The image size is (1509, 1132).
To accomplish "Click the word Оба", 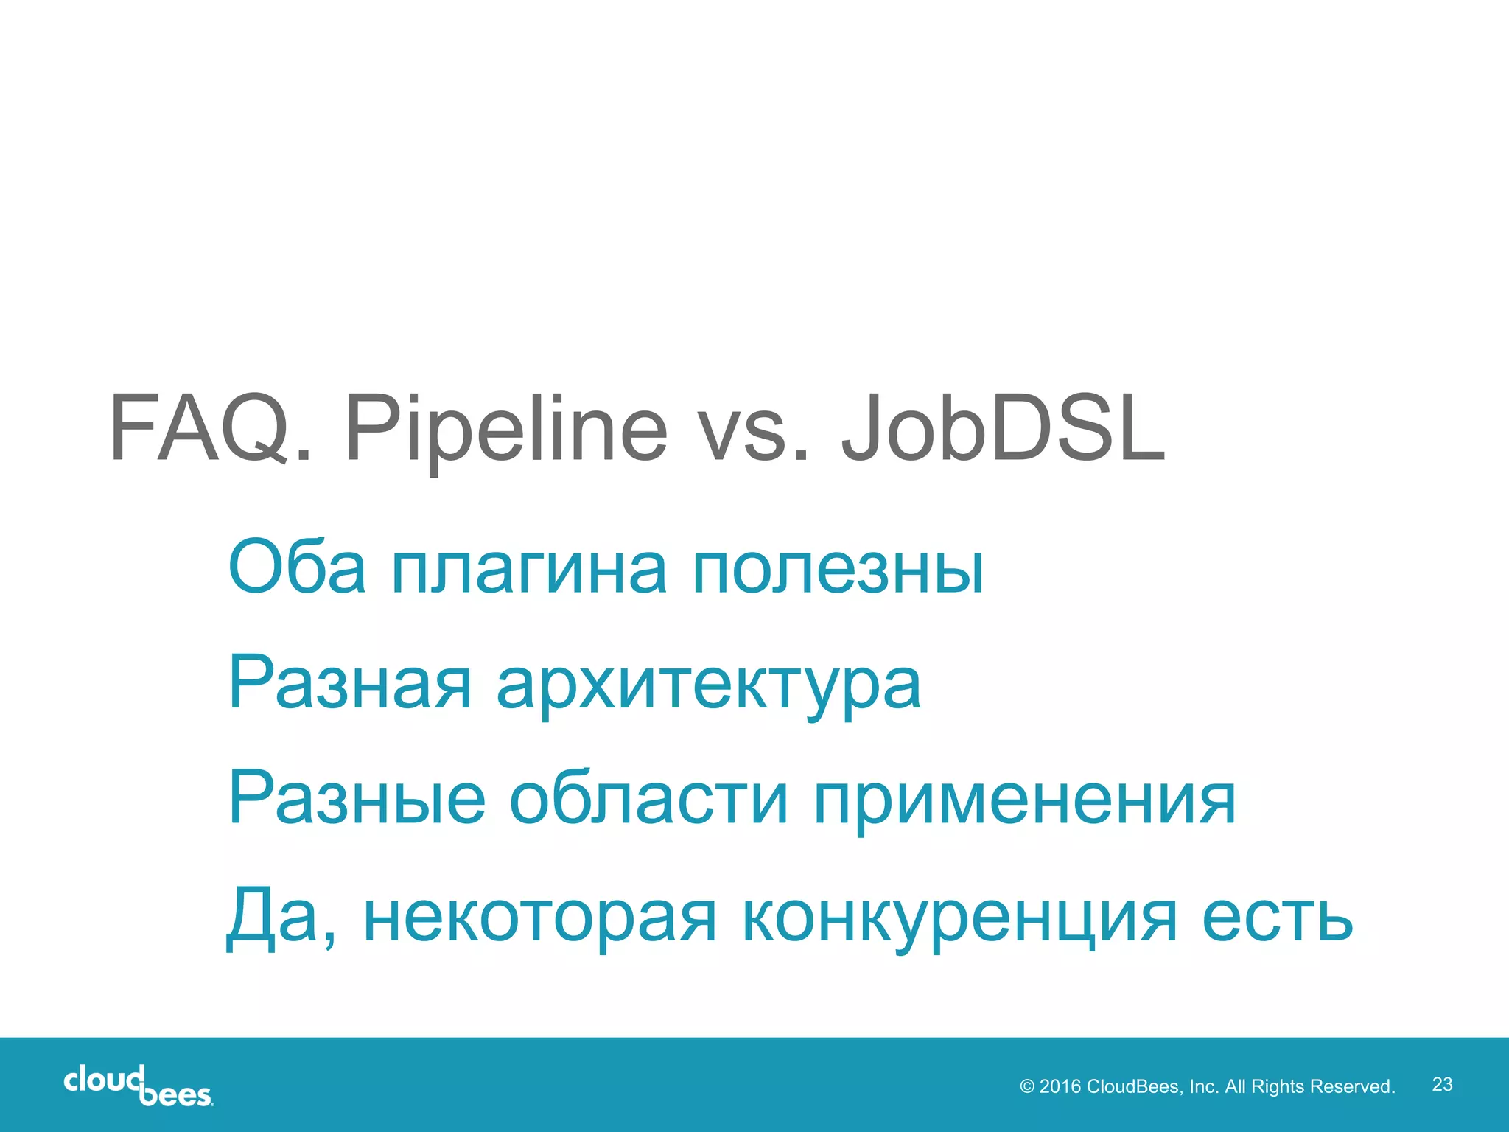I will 297,567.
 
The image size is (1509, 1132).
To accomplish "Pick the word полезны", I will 838,571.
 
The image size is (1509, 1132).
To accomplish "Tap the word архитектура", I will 708,687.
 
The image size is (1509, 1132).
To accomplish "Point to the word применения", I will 1025,803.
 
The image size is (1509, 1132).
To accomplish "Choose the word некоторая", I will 539,921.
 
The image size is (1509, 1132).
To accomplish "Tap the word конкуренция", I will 960,921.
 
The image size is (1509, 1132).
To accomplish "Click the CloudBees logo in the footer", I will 139,1085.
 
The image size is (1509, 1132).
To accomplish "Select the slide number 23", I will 1442,1084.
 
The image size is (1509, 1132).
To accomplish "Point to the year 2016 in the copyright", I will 1060,1087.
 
